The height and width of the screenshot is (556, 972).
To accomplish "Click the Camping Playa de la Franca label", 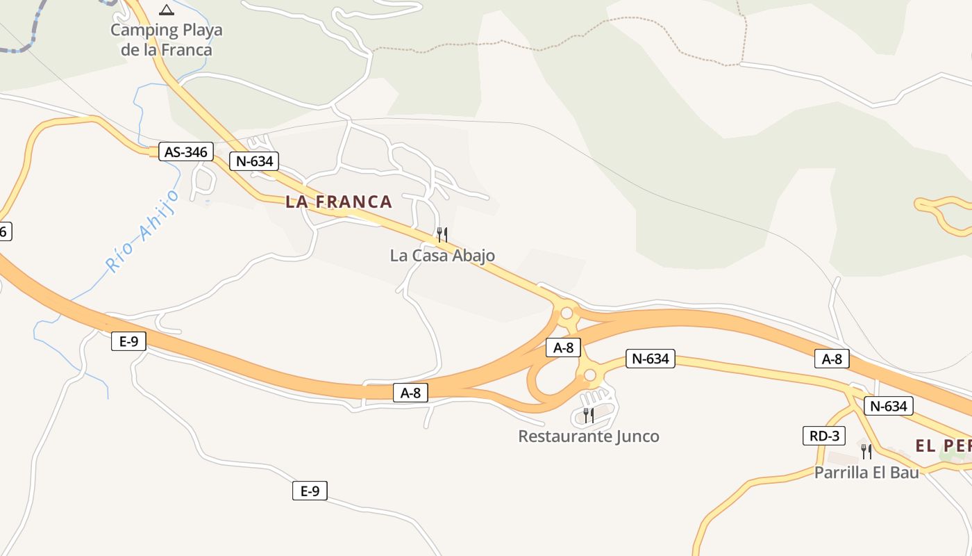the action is [167, 40].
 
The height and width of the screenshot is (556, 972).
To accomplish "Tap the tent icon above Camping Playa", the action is [166, 10].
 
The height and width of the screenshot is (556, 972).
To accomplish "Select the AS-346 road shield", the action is [186, 152].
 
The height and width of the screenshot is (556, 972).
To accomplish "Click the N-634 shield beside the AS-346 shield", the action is [254, 161].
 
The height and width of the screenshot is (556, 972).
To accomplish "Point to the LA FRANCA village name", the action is [339, 202].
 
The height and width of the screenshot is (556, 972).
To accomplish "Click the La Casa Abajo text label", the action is [442, 255].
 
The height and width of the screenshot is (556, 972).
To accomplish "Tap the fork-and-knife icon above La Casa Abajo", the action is [442, 235].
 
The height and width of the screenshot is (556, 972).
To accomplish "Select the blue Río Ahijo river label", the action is [142, 231].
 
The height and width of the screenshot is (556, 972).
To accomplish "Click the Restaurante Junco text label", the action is [589, 436].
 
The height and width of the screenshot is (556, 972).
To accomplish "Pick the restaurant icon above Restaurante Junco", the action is [589, 416].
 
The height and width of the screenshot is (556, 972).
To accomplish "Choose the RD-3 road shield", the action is [824, 436].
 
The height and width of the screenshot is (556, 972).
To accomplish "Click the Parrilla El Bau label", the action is [866, 473].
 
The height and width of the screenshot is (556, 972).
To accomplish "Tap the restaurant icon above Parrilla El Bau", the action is [866, 452].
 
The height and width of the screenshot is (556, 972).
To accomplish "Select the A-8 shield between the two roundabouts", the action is [563, 347].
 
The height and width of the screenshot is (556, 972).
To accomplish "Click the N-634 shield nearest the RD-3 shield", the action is [888, 406].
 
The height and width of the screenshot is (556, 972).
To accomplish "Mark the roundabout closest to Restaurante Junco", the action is [590, 375].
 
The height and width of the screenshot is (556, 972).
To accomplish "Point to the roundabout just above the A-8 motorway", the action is [567, 313].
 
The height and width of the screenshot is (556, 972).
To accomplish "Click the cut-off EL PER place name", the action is [943, 446].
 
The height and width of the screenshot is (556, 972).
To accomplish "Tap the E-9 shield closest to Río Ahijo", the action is [128, 341].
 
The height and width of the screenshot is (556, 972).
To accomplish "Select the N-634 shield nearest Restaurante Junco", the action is [651, 359].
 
